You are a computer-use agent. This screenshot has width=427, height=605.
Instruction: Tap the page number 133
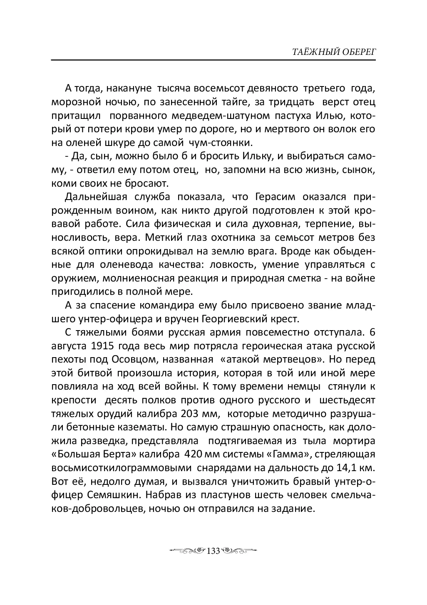[213, 551]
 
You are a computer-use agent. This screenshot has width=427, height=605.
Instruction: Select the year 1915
[100, 346]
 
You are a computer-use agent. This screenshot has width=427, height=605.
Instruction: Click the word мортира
[355, 440]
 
